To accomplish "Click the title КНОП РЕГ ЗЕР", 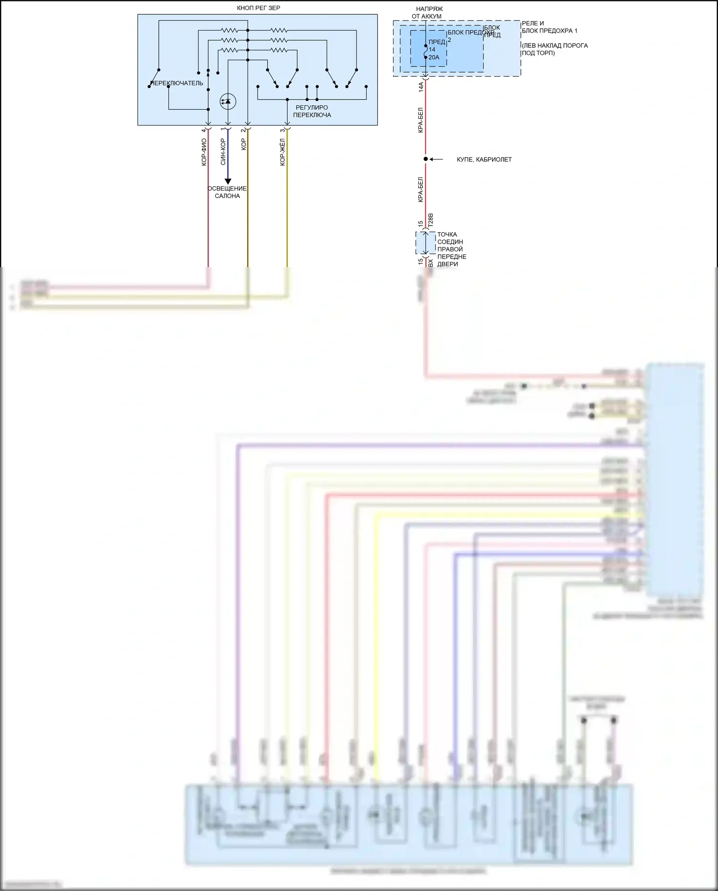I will (x=258, y=8).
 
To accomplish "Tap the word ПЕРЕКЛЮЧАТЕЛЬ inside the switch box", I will (x=177, y=83).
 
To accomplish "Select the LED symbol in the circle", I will (x=228, y=101).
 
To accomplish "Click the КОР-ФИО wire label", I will (x=204, y=152).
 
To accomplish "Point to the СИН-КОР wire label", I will (x=223, y=152).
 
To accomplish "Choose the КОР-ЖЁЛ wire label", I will (x=282, y=152).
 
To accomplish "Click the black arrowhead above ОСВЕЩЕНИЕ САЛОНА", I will (x=228, y=181).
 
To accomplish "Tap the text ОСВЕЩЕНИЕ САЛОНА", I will (x=227, y=192).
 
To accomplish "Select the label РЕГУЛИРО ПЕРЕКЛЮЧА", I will (x=312, y=111).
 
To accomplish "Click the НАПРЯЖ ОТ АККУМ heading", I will (x=427, y=12).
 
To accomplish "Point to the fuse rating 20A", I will (x=434, y=57).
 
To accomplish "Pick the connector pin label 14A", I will (x=421, y=87).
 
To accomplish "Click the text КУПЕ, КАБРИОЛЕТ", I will (x=484, y=159).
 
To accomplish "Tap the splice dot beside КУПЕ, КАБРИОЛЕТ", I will (x=426, y=159).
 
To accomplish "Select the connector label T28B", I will (x=430, y=220).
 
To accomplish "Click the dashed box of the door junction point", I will (x=425, y=243).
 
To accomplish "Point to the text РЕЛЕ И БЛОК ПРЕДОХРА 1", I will (x=550, y=27).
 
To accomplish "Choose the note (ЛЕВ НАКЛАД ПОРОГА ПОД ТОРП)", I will (x=555, y=49).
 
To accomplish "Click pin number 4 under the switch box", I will (x=204, y=130).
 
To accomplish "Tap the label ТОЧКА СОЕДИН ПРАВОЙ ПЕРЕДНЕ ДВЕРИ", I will (x=451, y=249).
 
